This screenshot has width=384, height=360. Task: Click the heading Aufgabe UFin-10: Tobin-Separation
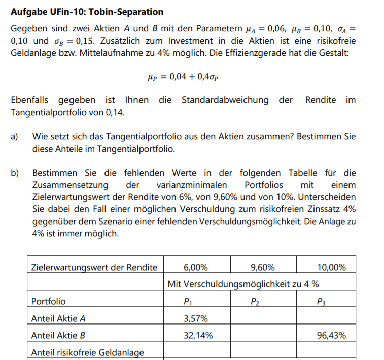point(87,11)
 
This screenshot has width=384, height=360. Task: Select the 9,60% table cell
point(263,267)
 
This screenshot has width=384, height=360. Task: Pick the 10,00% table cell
point(331,267)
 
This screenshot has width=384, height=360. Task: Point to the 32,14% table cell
point(197,335)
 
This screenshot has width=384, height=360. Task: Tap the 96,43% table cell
point(331,335)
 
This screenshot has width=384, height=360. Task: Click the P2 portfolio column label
point(255,301)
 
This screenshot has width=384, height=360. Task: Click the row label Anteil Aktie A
point(58,318)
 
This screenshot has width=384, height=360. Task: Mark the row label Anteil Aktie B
point(58,335)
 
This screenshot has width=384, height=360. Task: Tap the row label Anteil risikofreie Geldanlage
point(87,352)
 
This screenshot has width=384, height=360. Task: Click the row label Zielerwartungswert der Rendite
point(94,267)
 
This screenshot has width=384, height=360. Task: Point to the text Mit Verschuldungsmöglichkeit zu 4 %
point(243,284)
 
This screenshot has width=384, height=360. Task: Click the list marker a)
point(15,137)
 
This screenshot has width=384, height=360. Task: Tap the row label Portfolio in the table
point(48,301)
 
